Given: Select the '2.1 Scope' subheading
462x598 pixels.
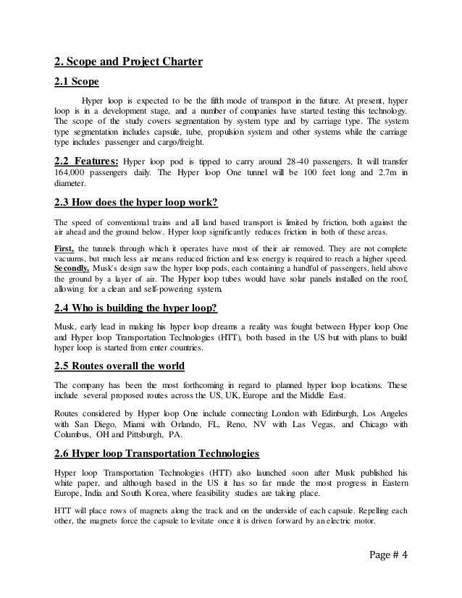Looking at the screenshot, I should [77, 81].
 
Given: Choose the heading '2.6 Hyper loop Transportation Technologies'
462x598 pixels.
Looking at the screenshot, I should [156, 454].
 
